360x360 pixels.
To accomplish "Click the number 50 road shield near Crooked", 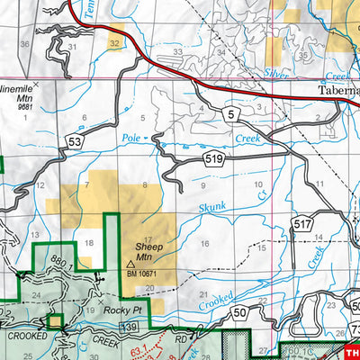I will [x=239, y=312].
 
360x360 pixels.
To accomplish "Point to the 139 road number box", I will [x=132, y=326].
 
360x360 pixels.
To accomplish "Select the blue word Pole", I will [x=130, y=140].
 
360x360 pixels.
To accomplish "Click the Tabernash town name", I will [x=338, y=91].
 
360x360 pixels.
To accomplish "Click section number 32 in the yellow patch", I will [x=113, y=42].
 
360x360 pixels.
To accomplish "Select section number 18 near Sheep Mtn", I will [x=88, y=243].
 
